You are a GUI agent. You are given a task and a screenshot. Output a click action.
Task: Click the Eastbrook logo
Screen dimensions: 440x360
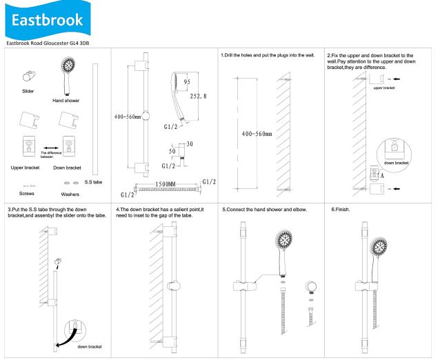click(48, 19)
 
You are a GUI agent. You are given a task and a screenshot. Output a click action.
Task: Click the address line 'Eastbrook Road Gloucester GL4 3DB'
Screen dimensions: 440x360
click(48, 43)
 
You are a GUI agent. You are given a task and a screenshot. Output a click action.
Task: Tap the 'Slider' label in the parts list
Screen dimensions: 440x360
click(28, 91)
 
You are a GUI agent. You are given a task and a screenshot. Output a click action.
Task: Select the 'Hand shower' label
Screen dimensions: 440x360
click(66, 101)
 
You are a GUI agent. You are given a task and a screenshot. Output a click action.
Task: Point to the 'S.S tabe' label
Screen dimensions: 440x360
click(93, 182)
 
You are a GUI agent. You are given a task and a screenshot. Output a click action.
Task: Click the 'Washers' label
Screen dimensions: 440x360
click(70, 194)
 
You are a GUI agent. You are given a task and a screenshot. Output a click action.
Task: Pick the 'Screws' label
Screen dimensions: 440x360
click(27, 194)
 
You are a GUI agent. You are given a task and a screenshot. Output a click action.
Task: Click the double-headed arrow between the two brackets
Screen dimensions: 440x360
click(51, 148)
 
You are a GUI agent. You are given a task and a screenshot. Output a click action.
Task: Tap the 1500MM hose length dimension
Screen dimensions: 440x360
click(166, 184)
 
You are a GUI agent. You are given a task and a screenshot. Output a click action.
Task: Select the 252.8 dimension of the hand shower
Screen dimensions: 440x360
click(198, 97)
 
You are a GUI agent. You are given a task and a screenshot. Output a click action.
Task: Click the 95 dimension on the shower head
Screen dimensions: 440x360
click(187, 82)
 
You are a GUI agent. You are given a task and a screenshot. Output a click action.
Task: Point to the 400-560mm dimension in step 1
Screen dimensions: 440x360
click(257, 134)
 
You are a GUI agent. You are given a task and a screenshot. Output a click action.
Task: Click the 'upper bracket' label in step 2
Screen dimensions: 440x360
click(384, 88)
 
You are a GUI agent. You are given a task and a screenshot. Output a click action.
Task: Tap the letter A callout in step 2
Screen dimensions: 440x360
click(382, 176)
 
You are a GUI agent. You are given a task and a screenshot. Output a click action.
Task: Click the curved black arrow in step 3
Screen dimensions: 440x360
click(66, 337)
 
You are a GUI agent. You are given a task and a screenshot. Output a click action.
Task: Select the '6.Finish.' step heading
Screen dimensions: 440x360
click(341, 210)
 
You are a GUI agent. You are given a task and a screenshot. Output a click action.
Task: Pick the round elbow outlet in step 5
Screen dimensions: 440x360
click(311, 287)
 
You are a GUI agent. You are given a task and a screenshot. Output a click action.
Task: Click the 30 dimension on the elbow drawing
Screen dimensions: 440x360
click(190, 144)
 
